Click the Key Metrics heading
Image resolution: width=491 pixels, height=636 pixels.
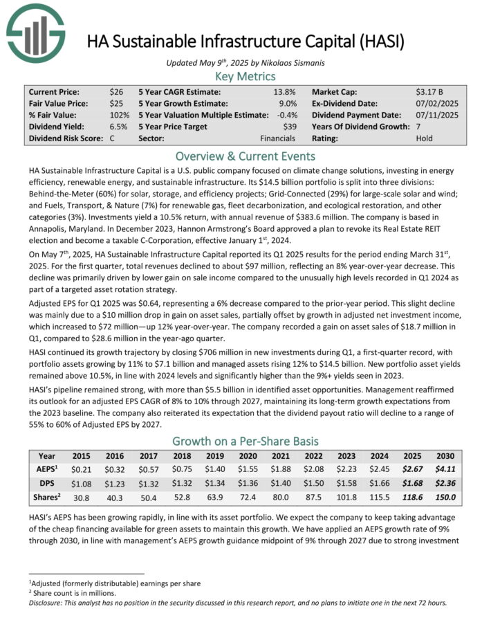(245, 76)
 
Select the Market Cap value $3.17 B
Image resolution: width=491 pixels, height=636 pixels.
(430, 91)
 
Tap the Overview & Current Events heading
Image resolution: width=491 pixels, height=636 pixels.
(245, 156)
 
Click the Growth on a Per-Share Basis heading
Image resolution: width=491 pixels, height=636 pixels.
(245, 441)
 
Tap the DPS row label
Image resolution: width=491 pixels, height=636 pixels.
(47, 482)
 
